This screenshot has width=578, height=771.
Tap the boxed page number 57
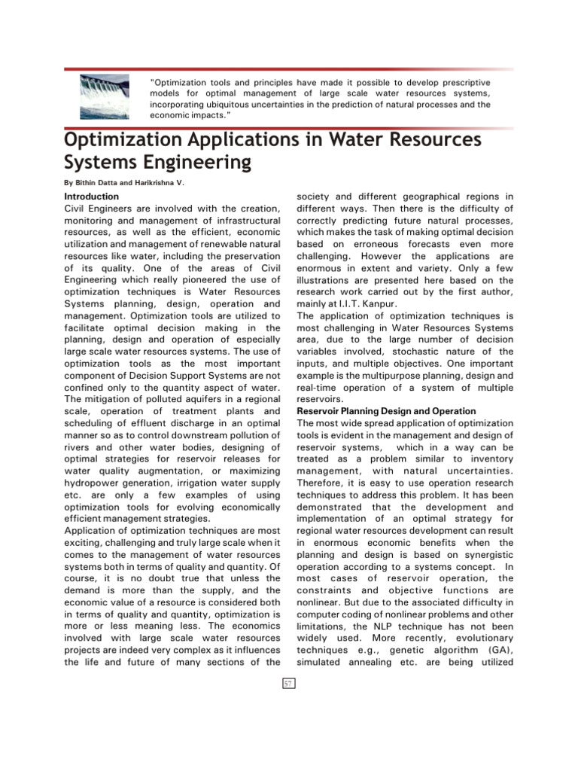click(289, 683)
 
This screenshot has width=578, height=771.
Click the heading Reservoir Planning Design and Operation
click(386, 411)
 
